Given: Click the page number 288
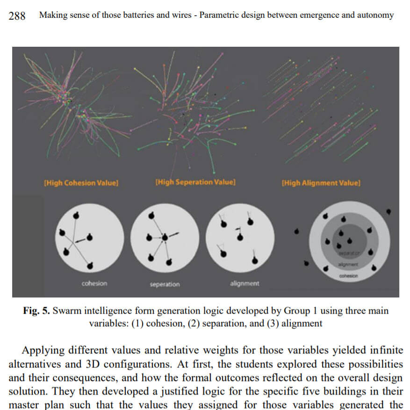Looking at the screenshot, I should coord(17,15).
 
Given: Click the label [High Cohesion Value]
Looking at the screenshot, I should coord(81,183).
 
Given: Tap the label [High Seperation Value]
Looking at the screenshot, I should coord(195,182).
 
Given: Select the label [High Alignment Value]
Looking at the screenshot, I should coord(320,183).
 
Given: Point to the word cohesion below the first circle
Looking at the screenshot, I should coord(94,283).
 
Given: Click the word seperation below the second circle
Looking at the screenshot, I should coord(165,284).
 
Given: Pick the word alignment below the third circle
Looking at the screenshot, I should coord(245,283).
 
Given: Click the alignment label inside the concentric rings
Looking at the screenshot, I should coord(348,265).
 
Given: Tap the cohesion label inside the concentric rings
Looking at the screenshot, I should coord(348,276).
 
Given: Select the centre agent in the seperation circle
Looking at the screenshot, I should coord(165,237).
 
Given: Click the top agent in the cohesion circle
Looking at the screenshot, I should coord(77,214).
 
